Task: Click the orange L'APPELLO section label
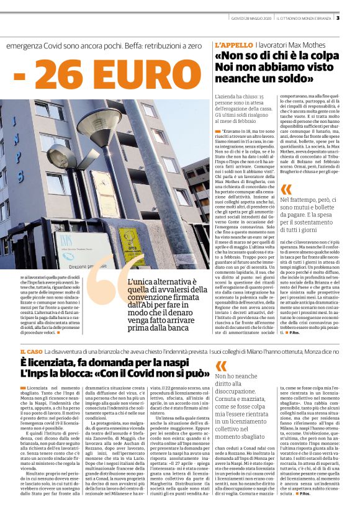coord(233,46)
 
